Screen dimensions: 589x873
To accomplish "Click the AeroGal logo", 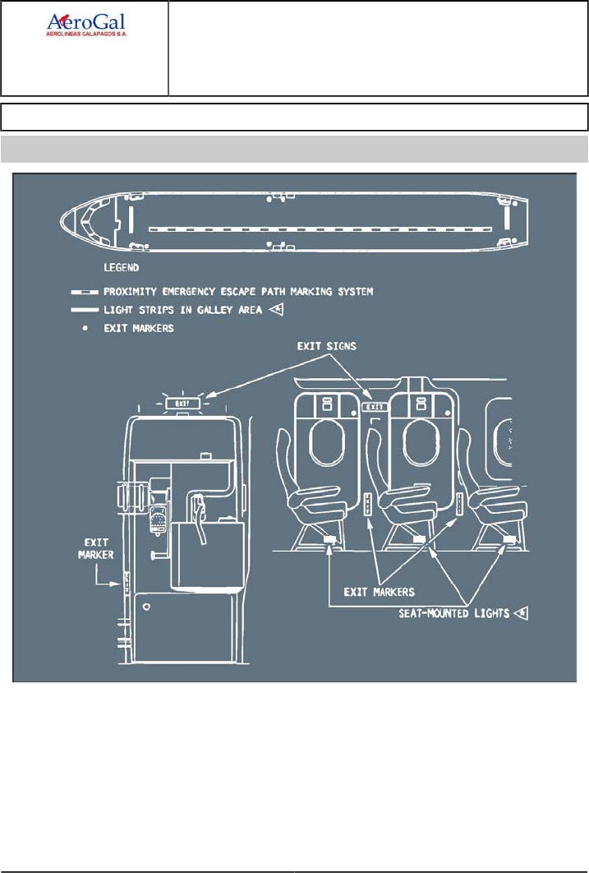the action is click(x=87, y=25).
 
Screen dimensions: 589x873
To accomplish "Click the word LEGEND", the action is click(x=122, y=268).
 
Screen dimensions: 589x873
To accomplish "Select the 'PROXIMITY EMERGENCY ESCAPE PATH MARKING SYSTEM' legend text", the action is click(x=238, y=292).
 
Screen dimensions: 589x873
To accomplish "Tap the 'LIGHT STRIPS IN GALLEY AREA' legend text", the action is click(x=183, y=310).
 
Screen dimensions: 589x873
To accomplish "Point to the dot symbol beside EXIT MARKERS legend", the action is click(x=85, y=329).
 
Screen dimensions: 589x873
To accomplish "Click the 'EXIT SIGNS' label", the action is click(x=326, y=346).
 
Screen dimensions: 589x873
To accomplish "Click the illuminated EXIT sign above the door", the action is click(x=182, y=404).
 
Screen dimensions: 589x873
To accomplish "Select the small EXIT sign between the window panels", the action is click(x=375, y=408).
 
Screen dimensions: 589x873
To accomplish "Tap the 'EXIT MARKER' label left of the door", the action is click(x=95, y=548).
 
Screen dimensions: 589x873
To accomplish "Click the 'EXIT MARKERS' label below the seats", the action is click(x=379, y=592).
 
